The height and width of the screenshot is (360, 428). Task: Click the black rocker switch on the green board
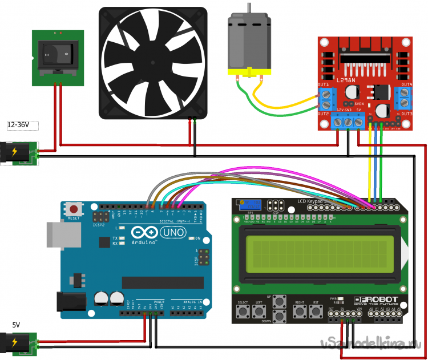coord(57,55)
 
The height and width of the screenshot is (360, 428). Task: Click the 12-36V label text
coord(19,124)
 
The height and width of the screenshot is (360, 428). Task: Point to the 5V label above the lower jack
coord(16,325)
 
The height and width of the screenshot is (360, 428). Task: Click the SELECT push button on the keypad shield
coord(244,311)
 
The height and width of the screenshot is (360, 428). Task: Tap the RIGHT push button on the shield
coord(299,311)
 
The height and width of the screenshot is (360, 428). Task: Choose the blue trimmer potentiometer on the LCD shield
coord(252,204)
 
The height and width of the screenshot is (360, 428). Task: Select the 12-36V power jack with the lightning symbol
coord(17,152)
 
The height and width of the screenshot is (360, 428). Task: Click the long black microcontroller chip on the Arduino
coord(162,282)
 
